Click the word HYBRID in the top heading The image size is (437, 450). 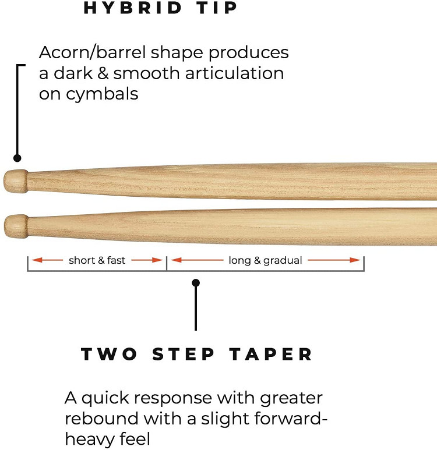(132, 8)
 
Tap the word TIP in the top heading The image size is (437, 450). (217, 8)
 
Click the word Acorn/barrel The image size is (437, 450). (93, 52)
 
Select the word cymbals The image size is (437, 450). (102, 94)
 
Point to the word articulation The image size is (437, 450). (234, 73)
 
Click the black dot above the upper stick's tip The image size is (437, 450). (17, 158)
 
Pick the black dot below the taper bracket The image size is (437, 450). (196, 283)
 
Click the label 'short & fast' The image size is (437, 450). (97, 260)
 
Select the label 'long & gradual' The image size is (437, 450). (265, 261)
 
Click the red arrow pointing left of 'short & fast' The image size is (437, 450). (47, 260)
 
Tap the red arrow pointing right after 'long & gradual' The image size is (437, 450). (334, 260)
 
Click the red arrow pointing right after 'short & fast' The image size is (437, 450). (147, 260)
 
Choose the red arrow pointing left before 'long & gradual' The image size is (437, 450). (197, 260)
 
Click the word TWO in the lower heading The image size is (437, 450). (109, 354)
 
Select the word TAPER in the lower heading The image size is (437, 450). (271, 354)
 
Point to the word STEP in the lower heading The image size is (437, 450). (184, 354)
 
